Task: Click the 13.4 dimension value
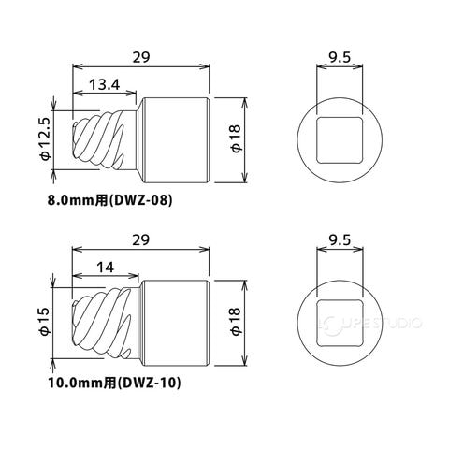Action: (x=104, y=84)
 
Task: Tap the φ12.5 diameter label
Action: (x=46, y=138)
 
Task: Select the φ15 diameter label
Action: (x=45, y=322)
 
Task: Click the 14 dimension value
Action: (x=106, y=268)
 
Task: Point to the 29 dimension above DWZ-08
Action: (x=141, y=57)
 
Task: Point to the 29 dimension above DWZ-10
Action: (x=140, y=240)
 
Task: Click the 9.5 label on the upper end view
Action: (x=340, y=57)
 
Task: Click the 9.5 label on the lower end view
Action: (x=340, y=240)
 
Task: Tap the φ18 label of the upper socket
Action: (x=237, y=138)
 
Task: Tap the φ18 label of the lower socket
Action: (x=237, y=322)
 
